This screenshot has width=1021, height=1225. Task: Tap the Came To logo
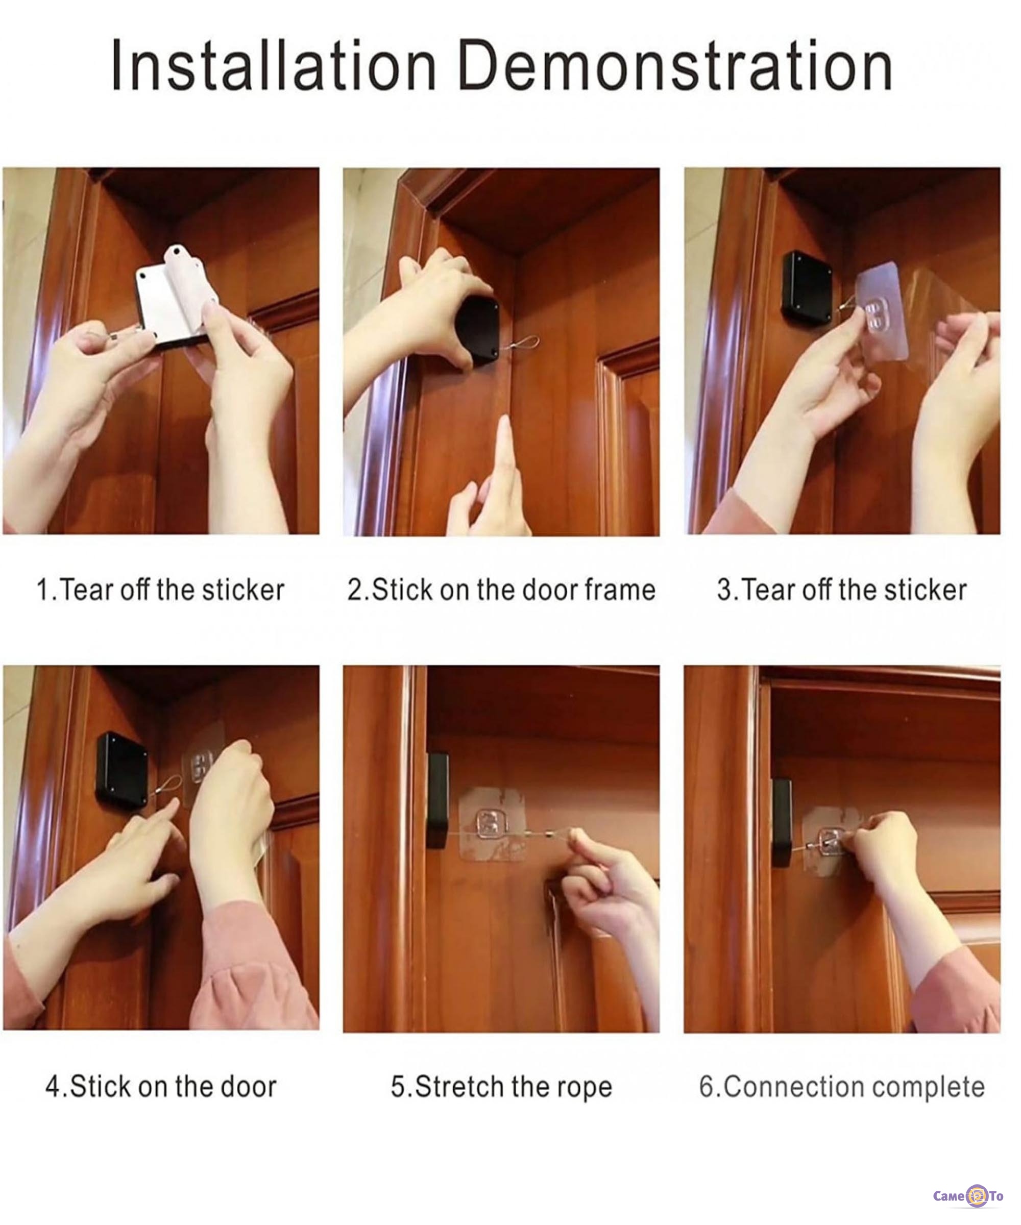968,1196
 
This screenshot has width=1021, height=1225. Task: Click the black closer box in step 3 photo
808,288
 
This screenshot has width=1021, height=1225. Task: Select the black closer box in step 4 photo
122,771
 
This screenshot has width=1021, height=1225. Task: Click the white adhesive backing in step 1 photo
175,298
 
